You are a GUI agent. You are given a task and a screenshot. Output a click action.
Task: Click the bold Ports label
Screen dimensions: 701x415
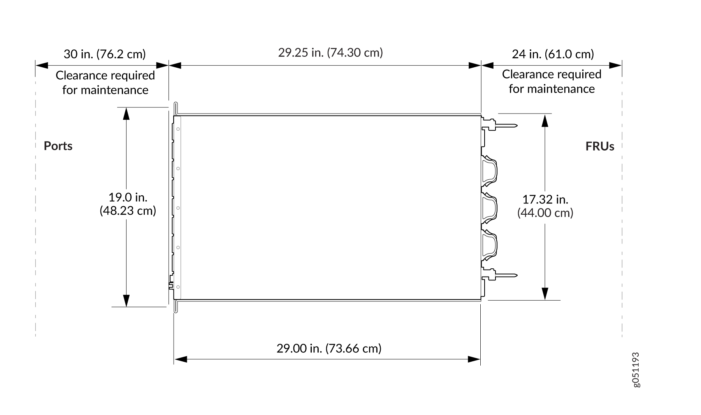[x=58, y=146]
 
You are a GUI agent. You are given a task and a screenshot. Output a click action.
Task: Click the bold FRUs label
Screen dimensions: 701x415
[x=600, y=146]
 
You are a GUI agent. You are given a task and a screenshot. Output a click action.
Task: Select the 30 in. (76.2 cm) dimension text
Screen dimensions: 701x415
[x=105, y=54]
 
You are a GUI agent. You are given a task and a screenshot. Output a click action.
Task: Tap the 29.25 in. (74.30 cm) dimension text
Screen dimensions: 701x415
[x=330, y=53]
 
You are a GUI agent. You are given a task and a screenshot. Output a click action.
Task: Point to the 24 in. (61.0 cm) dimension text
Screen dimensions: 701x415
[x=553, y=54]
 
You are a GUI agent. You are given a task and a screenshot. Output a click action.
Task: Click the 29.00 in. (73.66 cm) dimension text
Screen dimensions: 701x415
[x=329, y=348]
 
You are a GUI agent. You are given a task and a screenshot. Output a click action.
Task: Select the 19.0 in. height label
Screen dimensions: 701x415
[x=128, y=197]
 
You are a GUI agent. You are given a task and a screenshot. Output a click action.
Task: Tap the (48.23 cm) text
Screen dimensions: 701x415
[x=128, y=211]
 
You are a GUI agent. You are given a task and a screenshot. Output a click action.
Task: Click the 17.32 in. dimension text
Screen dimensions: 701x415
[x=545, y=200]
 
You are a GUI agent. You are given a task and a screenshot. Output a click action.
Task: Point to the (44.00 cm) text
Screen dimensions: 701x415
[x=545, y=213]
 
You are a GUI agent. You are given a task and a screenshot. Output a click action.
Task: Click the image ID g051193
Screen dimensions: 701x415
[x=636, y=370]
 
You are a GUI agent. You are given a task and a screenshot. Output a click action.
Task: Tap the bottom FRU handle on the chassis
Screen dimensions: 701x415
[x=490, y=245]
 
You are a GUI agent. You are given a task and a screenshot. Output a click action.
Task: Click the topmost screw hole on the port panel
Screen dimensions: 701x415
[x=178, y=129]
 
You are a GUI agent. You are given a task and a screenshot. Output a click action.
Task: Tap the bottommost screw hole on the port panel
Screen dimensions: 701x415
[x=178, y=287]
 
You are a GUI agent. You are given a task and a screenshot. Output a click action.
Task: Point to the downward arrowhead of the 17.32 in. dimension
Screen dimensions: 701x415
[x=545, y=294]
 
